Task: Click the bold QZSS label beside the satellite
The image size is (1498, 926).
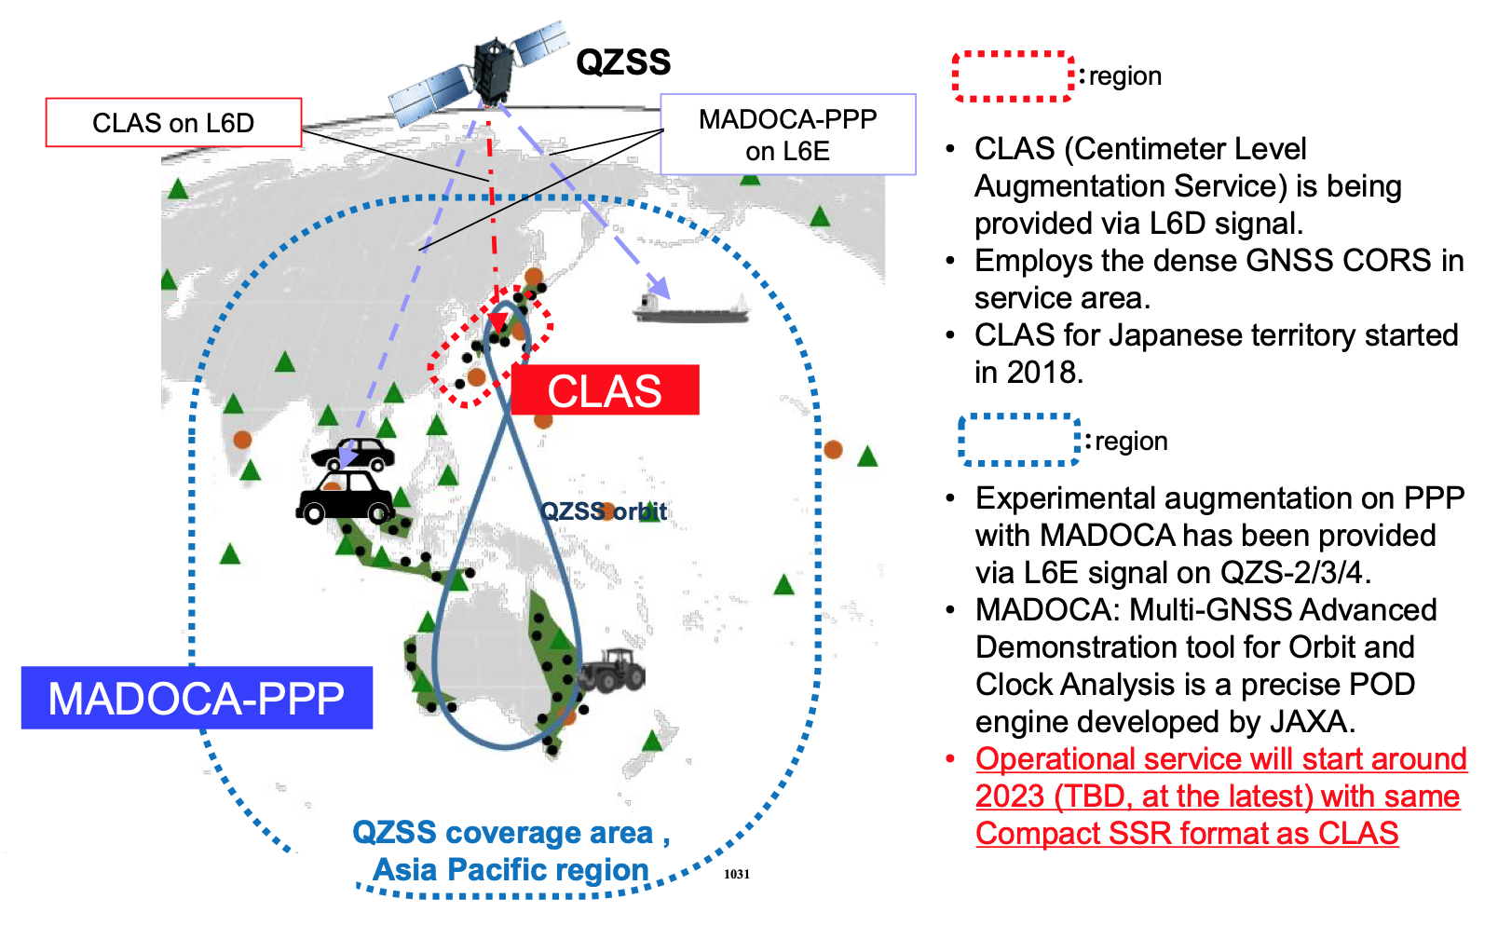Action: (623, 62)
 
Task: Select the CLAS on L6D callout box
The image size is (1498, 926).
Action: (173, 123)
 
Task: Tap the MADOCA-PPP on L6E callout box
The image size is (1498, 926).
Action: (787, 134)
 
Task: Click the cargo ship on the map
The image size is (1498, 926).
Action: (690, 307)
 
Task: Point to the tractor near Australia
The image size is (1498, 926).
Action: (611, 670)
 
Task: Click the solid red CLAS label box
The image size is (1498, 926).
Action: (605, 390)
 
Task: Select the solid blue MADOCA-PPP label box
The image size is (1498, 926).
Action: (197, 698)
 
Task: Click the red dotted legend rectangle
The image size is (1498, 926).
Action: (1013, 75)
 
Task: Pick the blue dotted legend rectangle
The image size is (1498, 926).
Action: (1019, 440)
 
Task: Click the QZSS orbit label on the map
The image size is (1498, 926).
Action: (604, 511)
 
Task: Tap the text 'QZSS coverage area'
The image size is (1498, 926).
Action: (503, 832)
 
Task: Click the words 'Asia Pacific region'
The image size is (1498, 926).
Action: (511, 869)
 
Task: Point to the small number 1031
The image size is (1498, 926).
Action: (737, 874)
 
